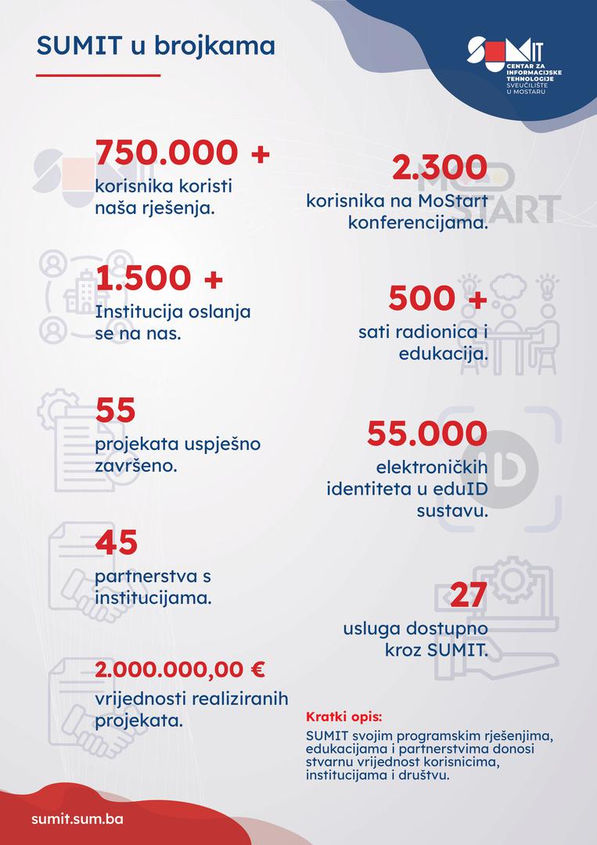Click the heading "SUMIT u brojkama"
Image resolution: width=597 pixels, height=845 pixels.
click(156, 46)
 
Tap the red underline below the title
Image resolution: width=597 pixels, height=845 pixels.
click(98, 76)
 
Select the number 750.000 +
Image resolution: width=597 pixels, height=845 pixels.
click(182, 154)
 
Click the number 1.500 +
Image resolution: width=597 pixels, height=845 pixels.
click(159, 278)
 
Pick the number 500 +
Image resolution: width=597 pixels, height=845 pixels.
click(437, 298)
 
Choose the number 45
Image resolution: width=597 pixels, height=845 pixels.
click(117, 543)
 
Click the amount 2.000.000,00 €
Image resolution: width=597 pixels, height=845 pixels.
click(180, 670)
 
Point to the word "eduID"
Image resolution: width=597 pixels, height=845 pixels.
click(464, 490)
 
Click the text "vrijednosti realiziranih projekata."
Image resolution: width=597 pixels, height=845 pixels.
click(192, 709)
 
